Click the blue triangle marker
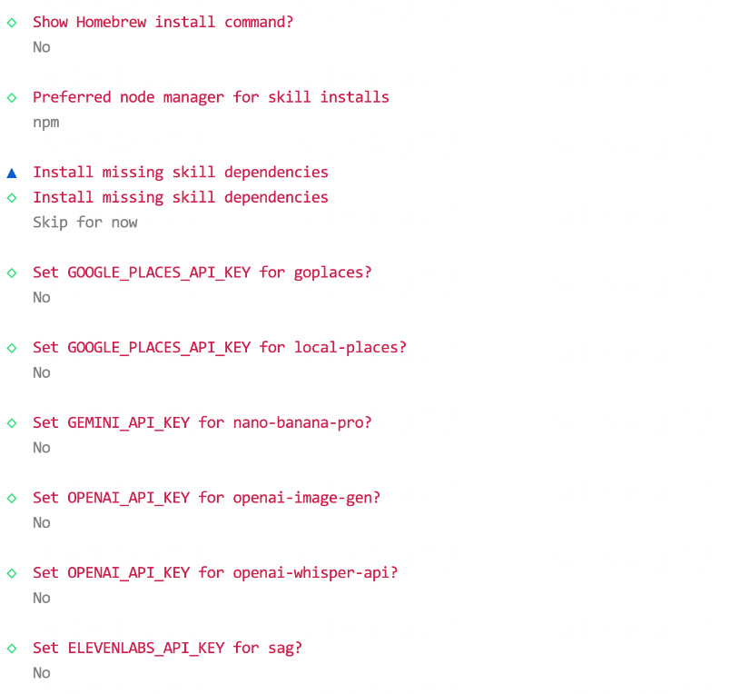(12, 173)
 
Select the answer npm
(46, 122)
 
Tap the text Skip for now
(85, 222)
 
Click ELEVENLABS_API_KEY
(146, 648)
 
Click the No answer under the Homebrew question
(42, 47)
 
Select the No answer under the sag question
(42, 673)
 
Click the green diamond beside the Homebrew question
(12, 22)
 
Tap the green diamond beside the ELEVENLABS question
(12, 649)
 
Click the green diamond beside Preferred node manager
(12, 97)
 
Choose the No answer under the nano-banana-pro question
(42, 448)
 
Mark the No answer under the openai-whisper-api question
(42, 598)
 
